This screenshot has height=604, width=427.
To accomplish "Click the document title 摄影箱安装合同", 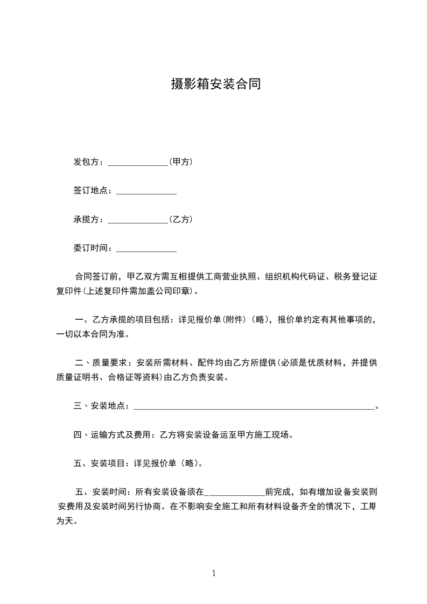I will tap(215, 84).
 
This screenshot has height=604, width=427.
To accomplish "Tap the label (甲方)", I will tap(181, 161).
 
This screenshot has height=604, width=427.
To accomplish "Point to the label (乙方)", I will tap(181, 220).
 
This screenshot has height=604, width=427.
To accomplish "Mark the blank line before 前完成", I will tap(235, 494).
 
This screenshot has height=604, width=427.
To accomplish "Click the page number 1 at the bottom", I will tap(214, 573).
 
